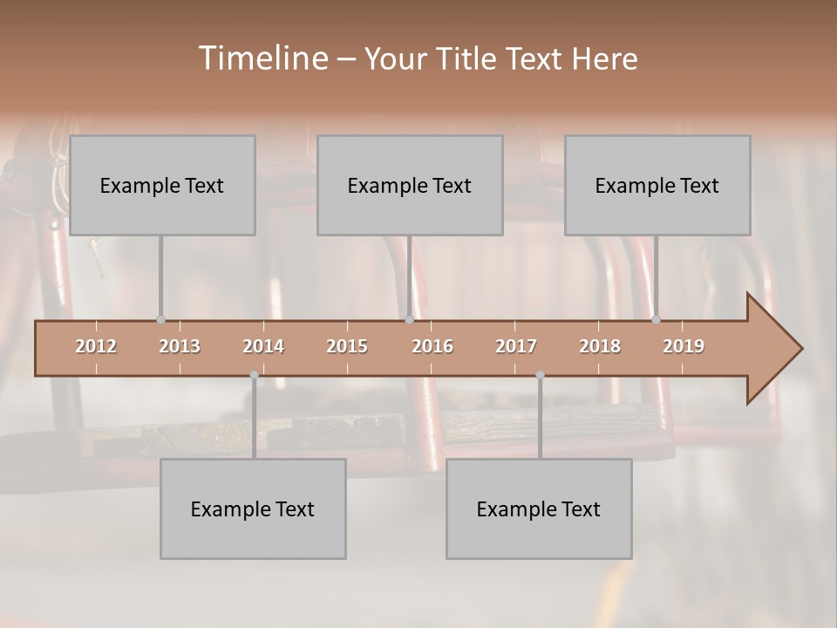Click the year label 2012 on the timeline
(96, 346)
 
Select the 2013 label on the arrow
(180, 346)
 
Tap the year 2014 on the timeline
(263, 346)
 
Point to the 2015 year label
(347, 346)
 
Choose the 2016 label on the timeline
(432, 346)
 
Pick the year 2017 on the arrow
(516, 346)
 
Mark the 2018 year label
(600, 346)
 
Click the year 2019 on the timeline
(684, 346)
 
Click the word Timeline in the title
(262, 58)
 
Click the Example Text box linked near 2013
(162, 185)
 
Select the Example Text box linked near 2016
(410, 185)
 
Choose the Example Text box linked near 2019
(657, 185)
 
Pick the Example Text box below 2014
(253, 509)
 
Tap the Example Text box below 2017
(539, 509)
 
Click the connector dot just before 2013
(160, 319)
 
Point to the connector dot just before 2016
(409, 319)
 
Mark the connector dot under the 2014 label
(254, 375)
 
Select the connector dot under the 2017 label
(540, 375)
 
